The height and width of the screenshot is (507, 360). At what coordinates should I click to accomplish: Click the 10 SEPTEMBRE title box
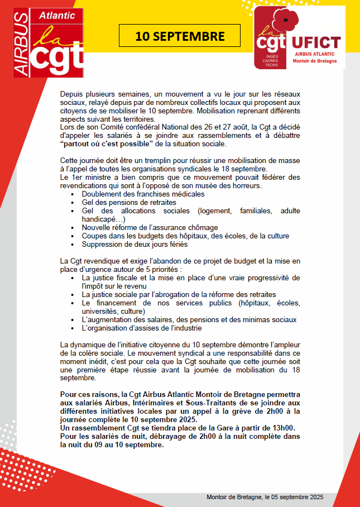180,36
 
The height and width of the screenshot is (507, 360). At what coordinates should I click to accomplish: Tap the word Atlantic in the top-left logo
57,16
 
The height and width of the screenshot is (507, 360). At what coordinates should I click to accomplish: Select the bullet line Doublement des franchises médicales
143,194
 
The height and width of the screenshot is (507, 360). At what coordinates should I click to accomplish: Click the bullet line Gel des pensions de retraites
129,202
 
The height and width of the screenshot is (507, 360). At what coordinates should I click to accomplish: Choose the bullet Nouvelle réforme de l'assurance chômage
150,227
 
